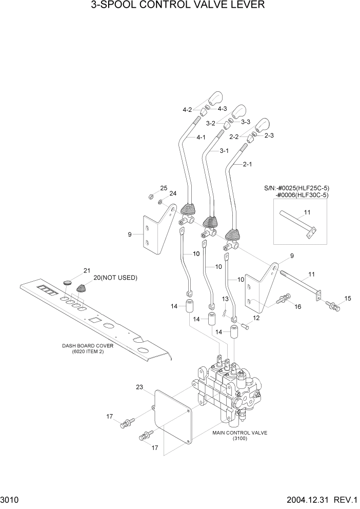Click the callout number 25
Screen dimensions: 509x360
[x=164, y=188]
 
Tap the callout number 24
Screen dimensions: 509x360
[x=173, y=193]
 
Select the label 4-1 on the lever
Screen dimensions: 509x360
[x=202, y=138]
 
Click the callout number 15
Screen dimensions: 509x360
[x=348, y=298]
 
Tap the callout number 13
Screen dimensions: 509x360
[x=225, y=299]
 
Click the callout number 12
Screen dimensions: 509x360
[x=256, y=318]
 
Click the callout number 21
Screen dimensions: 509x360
[x=87, y=270]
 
